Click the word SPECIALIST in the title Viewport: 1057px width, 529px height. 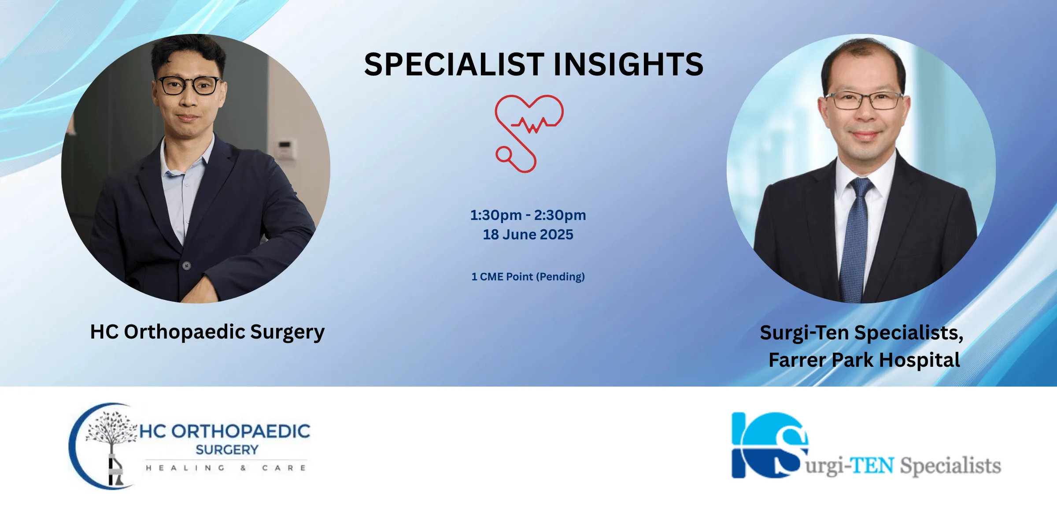pos(454,64)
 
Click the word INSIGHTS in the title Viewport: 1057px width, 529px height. pos(628,64)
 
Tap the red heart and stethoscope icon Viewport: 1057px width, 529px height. pos(528,133)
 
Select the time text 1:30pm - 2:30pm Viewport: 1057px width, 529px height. pos(528,215)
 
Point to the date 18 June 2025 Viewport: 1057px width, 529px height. pos(528,235)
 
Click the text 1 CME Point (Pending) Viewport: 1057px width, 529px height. pos(528,277)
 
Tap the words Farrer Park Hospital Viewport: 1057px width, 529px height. pos(864,360)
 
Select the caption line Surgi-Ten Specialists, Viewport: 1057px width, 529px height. pos(862,333)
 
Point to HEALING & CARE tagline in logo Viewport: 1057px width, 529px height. pos(226,468)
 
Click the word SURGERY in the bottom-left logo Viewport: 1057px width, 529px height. pos(227,450)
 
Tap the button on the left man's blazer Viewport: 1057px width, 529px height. pos(187,266)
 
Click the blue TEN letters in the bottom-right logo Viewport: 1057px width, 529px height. pos(872,466)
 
